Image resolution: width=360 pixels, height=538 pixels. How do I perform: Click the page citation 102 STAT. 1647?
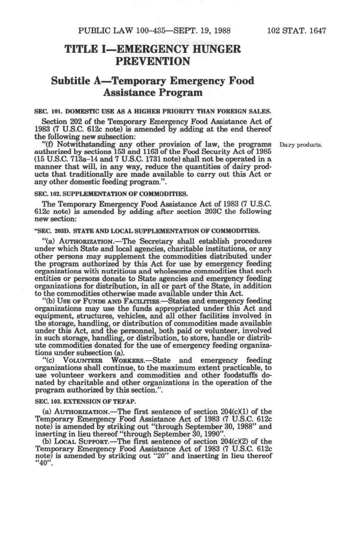pyautogui.click(x=296, y=31)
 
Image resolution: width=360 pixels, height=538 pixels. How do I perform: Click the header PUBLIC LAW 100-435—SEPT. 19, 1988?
pyautogui.click(x=154, y=31)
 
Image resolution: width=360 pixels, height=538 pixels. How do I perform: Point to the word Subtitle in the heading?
pyautogui.click(x=70, y=81)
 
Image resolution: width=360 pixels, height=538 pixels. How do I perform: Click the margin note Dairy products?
pyautogui.click(x=301, y=145)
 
